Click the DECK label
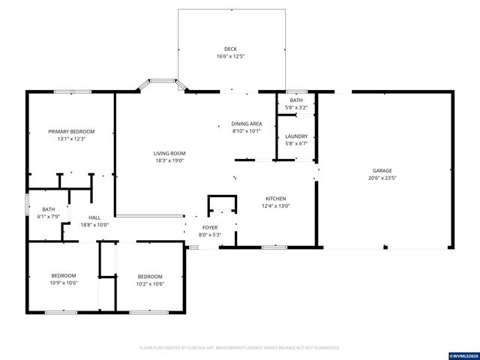pos(231,49)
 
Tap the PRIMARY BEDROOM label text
pos(72,131)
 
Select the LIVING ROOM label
pos(169,152)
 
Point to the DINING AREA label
pos(246,124)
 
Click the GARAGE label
pos(382,170)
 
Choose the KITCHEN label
pos(275,198)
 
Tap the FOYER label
pos(210,226)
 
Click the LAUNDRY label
pos(296,136)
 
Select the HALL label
pos(94,217)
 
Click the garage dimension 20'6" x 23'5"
pos(382,178)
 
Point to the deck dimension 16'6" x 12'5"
pos(231,56)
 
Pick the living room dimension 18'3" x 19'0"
pos(169,160)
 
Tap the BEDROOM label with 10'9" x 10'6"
pos(64,276)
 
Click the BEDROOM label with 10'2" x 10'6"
pos(150,276)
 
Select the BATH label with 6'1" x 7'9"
pos(48,209)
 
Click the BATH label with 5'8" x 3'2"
pos(296,100)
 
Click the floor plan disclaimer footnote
pos(240,347)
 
